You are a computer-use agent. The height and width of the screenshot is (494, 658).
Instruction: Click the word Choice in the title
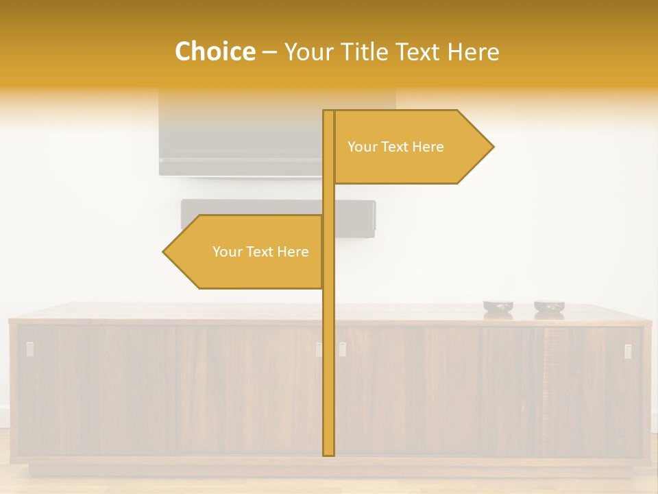tap(215, 51)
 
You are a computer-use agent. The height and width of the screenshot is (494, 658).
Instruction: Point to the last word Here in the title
tap(473, 52)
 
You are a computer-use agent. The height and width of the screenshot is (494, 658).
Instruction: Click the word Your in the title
tap(307, 52)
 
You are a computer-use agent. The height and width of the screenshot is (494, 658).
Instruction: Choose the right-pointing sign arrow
tap(411, 147)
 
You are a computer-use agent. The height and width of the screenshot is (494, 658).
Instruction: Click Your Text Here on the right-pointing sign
tap(395, 147)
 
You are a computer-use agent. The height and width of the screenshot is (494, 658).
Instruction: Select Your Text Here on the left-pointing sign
tap(260, 252)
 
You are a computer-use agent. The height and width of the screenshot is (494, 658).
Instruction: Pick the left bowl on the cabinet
tap(498, 308)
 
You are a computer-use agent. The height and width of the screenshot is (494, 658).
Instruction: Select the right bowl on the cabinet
tap(549, 308)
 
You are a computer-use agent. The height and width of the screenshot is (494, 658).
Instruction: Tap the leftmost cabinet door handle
tap(29, 349)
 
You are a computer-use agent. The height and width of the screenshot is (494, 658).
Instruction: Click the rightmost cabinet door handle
tap(628, 351)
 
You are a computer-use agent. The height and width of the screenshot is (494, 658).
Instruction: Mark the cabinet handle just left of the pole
tap(319, 349)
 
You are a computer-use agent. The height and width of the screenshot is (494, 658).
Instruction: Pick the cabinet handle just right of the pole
tap(342, 349)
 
